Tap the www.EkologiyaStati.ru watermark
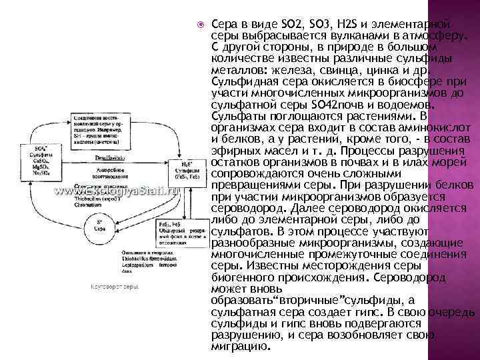pos(117,190)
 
